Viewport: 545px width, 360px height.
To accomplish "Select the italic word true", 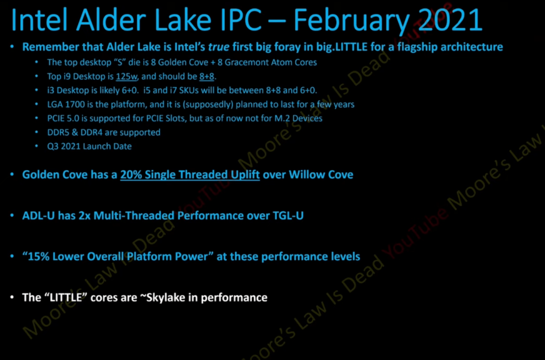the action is (219, 47).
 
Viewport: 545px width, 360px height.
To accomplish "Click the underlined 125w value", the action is (127, 77).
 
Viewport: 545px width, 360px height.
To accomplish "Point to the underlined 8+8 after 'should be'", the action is (207, 77).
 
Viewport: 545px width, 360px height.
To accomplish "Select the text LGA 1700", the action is (66, 104).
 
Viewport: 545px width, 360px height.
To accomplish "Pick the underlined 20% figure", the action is (131, 174).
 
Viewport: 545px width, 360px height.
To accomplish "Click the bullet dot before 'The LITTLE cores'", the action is (12, 297).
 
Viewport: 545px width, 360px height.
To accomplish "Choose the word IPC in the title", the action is (239, 20).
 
